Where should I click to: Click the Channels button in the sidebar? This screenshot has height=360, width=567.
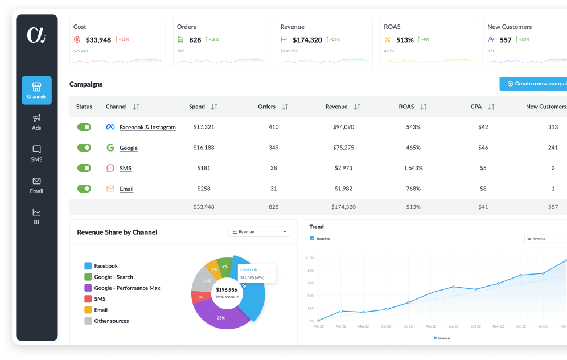pos(36,90)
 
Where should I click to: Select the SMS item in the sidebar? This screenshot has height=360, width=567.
pos(36,153)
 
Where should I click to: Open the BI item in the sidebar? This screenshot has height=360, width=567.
pos(36,216)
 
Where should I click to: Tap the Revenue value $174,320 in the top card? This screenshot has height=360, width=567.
pos(307,40)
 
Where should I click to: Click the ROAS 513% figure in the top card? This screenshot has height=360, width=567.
pos(405,40)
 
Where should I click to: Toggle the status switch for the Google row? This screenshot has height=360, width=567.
pos(84,148)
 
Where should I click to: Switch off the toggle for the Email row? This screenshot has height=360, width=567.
pos(84,189)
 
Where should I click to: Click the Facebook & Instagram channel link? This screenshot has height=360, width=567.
pos(147,128)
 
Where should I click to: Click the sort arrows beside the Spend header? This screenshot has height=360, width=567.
pos(214,107)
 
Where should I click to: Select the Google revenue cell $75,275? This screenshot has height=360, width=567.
pos(343,148)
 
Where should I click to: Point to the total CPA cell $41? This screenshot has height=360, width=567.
pos(483,207)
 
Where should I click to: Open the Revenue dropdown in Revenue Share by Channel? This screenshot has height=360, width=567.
pos(260,232)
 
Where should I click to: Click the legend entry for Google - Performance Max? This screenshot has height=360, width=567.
pos(127,288)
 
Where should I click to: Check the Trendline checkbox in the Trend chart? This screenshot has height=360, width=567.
pos(311,239)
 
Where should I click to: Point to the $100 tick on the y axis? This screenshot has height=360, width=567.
pos(310,257)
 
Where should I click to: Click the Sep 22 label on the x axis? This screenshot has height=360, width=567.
pos(453,326)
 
